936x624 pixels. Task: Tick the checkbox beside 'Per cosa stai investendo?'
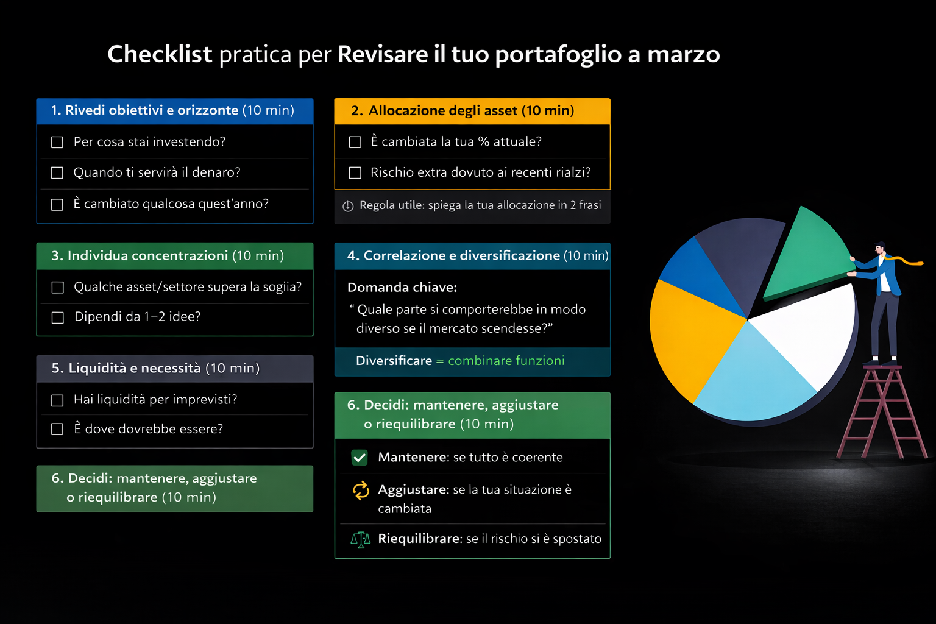tap(57, 142)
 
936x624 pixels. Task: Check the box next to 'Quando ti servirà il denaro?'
tap(57, 173)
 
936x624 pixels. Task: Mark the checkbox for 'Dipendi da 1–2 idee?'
tap(58, 317)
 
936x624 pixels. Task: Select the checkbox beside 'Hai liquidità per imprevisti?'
tap(57, 400)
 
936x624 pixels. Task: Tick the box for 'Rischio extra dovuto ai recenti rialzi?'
tap(355, 173)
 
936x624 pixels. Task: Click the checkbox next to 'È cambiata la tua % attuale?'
tap(355, 142)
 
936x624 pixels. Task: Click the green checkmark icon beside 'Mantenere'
tap(360, 458)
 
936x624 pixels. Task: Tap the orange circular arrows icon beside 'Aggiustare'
tap(361, 491)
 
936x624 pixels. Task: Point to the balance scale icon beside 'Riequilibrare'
tap(360, 539)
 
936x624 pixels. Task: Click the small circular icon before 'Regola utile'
tap(348, 206)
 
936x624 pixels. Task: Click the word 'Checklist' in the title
tap(160, 54)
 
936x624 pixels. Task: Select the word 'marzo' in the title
tap(683, 54)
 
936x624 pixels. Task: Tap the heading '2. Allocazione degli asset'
tap(463, 111)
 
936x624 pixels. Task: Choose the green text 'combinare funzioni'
tap(506, 361)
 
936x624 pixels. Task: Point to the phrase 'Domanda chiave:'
tap(402, 287)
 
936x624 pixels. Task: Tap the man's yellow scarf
tap(904, 261)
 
